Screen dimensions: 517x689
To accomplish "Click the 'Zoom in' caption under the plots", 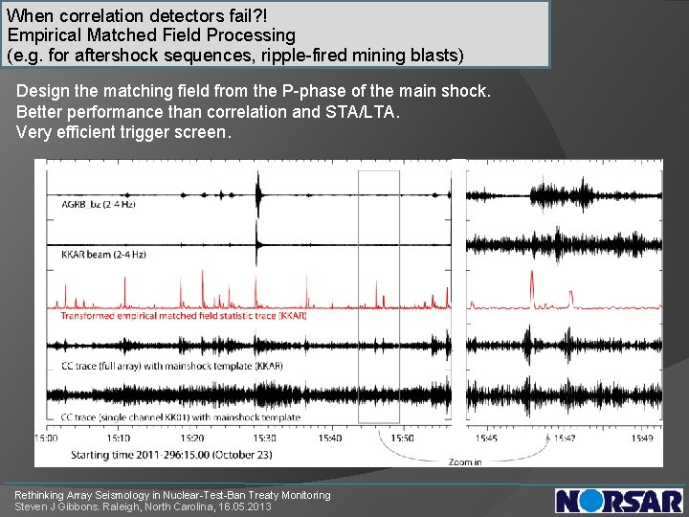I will tap(465, 461).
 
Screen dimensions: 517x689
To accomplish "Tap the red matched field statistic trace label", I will tap(183, 315).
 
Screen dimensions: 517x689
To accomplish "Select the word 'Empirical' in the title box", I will tap(43, 35).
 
